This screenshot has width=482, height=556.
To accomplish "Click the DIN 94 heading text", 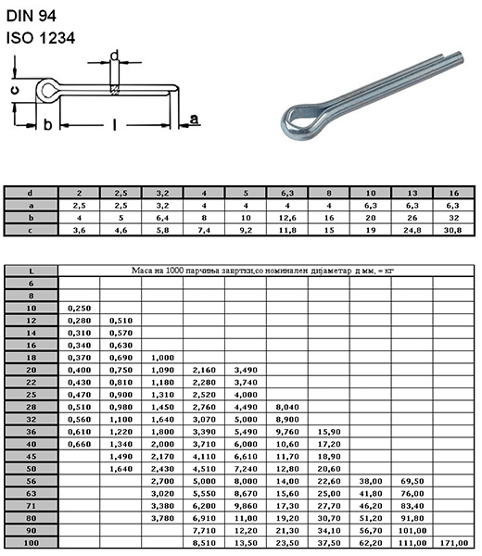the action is pos(32,16).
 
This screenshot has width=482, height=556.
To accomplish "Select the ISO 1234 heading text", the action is pos(41,38).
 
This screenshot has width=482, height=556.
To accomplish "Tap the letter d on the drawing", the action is pos(114,56).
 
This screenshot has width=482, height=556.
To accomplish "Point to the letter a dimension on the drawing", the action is pos(194,119).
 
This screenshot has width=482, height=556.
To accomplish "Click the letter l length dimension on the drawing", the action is pos(114,124).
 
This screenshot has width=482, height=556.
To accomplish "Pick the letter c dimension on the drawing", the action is pos(14,91).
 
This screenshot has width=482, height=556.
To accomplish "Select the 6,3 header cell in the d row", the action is pos(287,194).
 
